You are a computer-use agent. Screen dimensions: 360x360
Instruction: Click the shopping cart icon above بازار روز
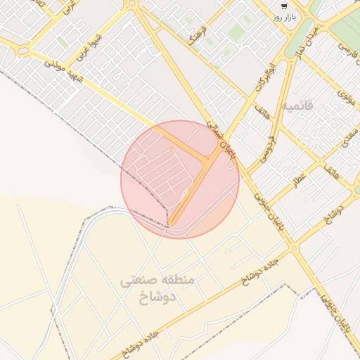pyautogui.click(x=283, y=6)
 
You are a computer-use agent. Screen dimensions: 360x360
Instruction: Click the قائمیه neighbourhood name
pyautogui.click(x=297, y=105)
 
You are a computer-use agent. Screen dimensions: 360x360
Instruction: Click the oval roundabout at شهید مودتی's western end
pyautogui.click(x=23, y=51)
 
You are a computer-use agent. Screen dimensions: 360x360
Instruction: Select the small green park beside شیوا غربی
pyautogui.click(x=63, y=43)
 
